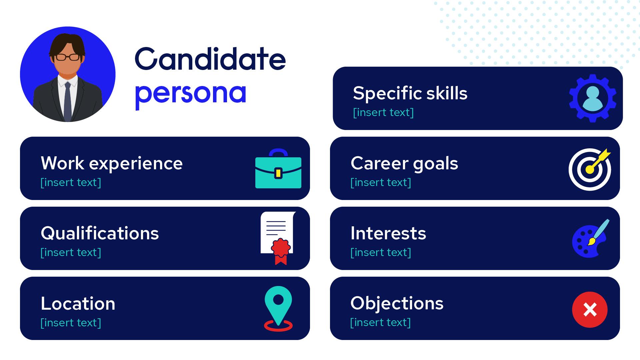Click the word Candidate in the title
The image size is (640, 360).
210,59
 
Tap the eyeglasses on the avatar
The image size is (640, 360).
68,57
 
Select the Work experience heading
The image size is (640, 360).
112,164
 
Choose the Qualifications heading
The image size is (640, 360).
100,233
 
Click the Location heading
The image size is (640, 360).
78,304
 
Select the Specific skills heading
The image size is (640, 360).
410,94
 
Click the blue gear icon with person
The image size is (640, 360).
592,98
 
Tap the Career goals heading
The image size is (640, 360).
404,164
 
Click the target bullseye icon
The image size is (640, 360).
590,169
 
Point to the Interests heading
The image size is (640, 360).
388,233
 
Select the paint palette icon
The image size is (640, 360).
590,239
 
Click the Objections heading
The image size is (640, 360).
397,304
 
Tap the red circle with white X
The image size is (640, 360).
590,310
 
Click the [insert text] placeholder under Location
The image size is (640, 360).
71,323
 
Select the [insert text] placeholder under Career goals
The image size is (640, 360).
381,182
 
